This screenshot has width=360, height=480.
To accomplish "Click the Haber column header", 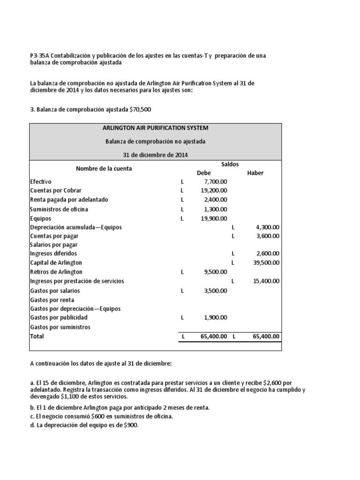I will tap(255, 173).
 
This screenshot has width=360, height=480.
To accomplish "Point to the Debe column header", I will tap(204, 173).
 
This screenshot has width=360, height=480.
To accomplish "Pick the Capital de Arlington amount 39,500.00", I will tap(266, 263).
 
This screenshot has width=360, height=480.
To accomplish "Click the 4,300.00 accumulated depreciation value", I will tap(268, 227).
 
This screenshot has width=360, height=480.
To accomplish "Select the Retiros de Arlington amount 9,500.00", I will tap(216, 272).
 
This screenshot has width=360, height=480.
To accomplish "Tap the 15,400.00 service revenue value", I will tap(266, 281).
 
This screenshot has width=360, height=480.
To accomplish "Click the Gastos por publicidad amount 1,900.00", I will tap(216, 317).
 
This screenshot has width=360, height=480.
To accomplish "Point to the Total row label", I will tap(37, 337).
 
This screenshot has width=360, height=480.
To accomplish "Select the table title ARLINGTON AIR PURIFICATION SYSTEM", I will tap(156, 128).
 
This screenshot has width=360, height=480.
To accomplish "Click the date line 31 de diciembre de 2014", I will tap(156, 155).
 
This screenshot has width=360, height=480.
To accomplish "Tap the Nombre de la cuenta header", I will tap(104, 169).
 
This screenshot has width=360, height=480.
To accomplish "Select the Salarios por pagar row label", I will tap(53, 245).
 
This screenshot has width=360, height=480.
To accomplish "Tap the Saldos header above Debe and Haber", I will tap(230, 164).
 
